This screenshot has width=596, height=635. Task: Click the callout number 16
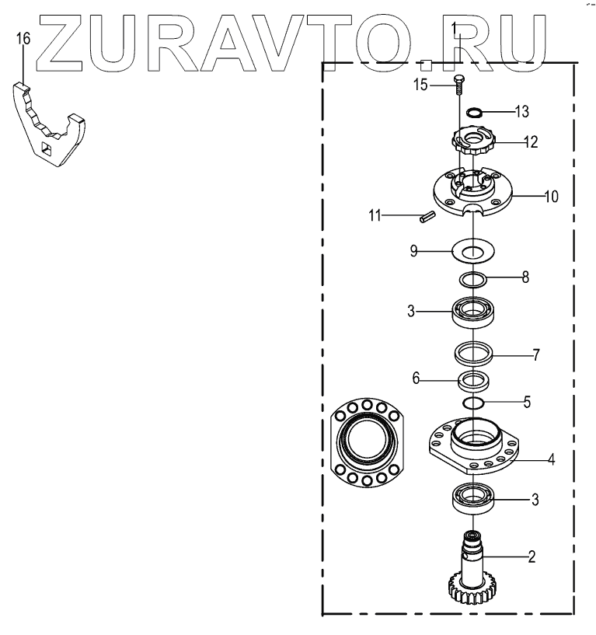pyautogui.click(x=23, y=38)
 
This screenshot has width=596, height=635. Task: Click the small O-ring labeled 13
pyautogui.click(x=472, y=113)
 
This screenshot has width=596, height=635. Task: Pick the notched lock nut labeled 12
pyautogui.click(x=473, y=143)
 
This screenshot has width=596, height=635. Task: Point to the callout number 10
pyautogui.click(x=550, y=197)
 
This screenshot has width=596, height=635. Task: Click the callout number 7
pyautogui.click(x=535, y=356)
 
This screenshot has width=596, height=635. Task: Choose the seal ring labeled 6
pyautogui.click(x=473, y=382)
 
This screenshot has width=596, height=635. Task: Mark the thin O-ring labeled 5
pyautogui.click(x=473, y=403)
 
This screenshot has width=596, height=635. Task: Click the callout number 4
pyautogui.click(x=550, y=459)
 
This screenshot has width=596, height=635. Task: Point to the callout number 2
pyautogui.click(x=532, y=556)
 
